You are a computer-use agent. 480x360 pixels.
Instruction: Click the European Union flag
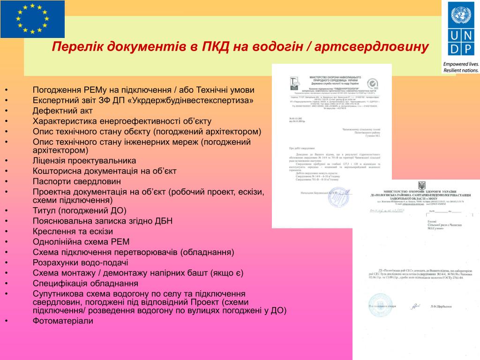coord(32,19)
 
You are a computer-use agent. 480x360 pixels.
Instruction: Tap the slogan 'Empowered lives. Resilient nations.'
coord(460,67)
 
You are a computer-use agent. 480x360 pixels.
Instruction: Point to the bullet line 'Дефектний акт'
coord(63,111)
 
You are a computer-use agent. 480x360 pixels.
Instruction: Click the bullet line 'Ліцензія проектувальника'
coord(84,161)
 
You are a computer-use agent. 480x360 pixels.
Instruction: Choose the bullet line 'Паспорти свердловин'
coord(77,181)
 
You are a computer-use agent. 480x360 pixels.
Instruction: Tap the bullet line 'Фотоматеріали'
coord(63,321)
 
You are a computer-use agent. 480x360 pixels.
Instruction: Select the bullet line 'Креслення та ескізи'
coord(73,232)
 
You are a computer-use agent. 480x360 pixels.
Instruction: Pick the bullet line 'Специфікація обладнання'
coord(85,284)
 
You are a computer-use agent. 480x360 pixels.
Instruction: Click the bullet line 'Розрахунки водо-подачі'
coord(80,262)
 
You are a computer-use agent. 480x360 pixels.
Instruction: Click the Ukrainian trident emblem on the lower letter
coord(422,186)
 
